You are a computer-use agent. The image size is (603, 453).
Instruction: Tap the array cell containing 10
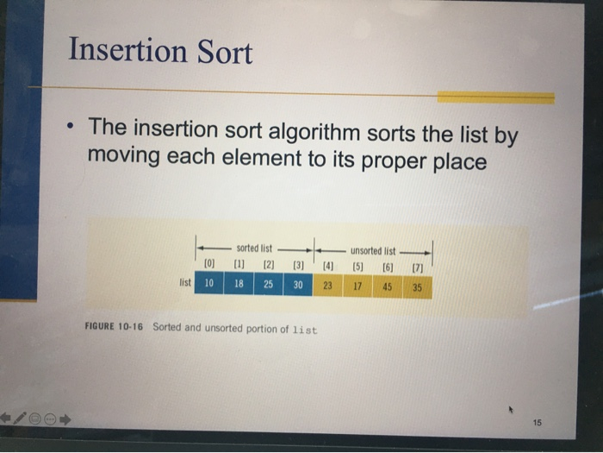pos(209,284)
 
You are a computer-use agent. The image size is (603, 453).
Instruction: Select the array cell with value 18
pos(239,284)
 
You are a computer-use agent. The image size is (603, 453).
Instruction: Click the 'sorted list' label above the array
pos(253,249)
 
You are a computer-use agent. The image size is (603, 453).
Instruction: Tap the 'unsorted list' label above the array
pos(373,251)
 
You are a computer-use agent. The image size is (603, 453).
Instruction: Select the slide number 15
pos(538,423)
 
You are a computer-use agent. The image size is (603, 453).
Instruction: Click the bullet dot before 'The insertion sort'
pos(68,131)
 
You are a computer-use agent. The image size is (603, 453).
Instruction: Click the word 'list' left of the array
pos(184,282)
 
